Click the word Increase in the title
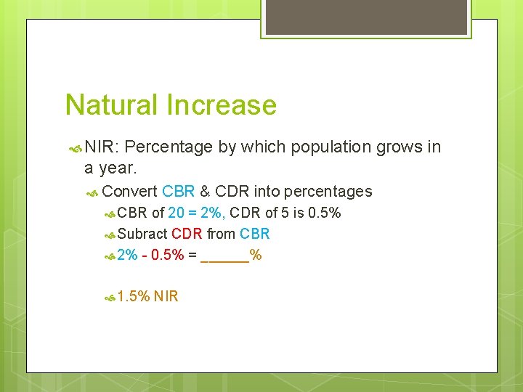[222, 105]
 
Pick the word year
[115, 168]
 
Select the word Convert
[129, 192]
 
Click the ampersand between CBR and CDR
[205, 192]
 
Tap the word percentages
[328, 192]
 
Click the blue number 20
[176, 213]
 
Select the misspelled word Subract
[142, 234]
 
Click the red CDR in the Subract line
[187, 234]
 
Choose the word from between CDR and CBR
[221, 234]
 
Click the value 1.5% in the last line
[134, 296]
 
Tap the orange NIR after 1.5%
[166, 296]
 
